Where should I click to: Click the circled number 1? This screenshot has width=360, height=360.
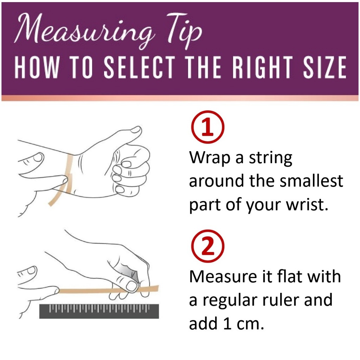[x=207, y=127]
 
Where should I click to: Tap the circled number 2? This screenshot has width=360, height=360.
[x=207, y=246]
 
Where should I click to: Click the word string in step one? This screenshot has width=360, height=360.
[x=271, y=158]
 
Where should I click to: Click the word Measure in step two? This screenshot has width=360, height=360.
[x=223, y=276]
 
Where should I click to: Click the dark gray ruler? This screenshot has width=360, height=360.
[x=99, y=311]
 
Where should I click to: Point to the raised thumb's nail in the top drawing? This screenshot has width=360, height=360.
[x=135, y=130]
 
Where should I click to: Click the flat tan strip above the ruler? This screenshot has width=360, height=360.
[x=108, y=290]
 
